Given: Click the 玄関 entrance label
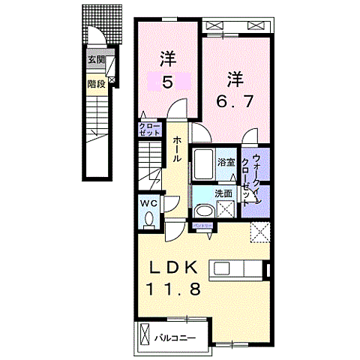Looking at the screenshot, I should tap(95, 59).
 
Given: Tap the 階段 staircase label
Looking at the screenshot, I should tap(95, 85).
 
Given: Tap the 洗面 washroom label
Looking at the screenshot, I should tap(223, 193).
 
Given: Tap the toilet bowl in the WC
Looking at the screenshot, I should tap(149, 219).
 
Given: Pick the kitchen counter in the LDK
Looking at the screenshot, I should tap(238, 268).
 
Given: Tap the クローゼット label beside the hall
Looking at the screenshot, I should tap(148, 129).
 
